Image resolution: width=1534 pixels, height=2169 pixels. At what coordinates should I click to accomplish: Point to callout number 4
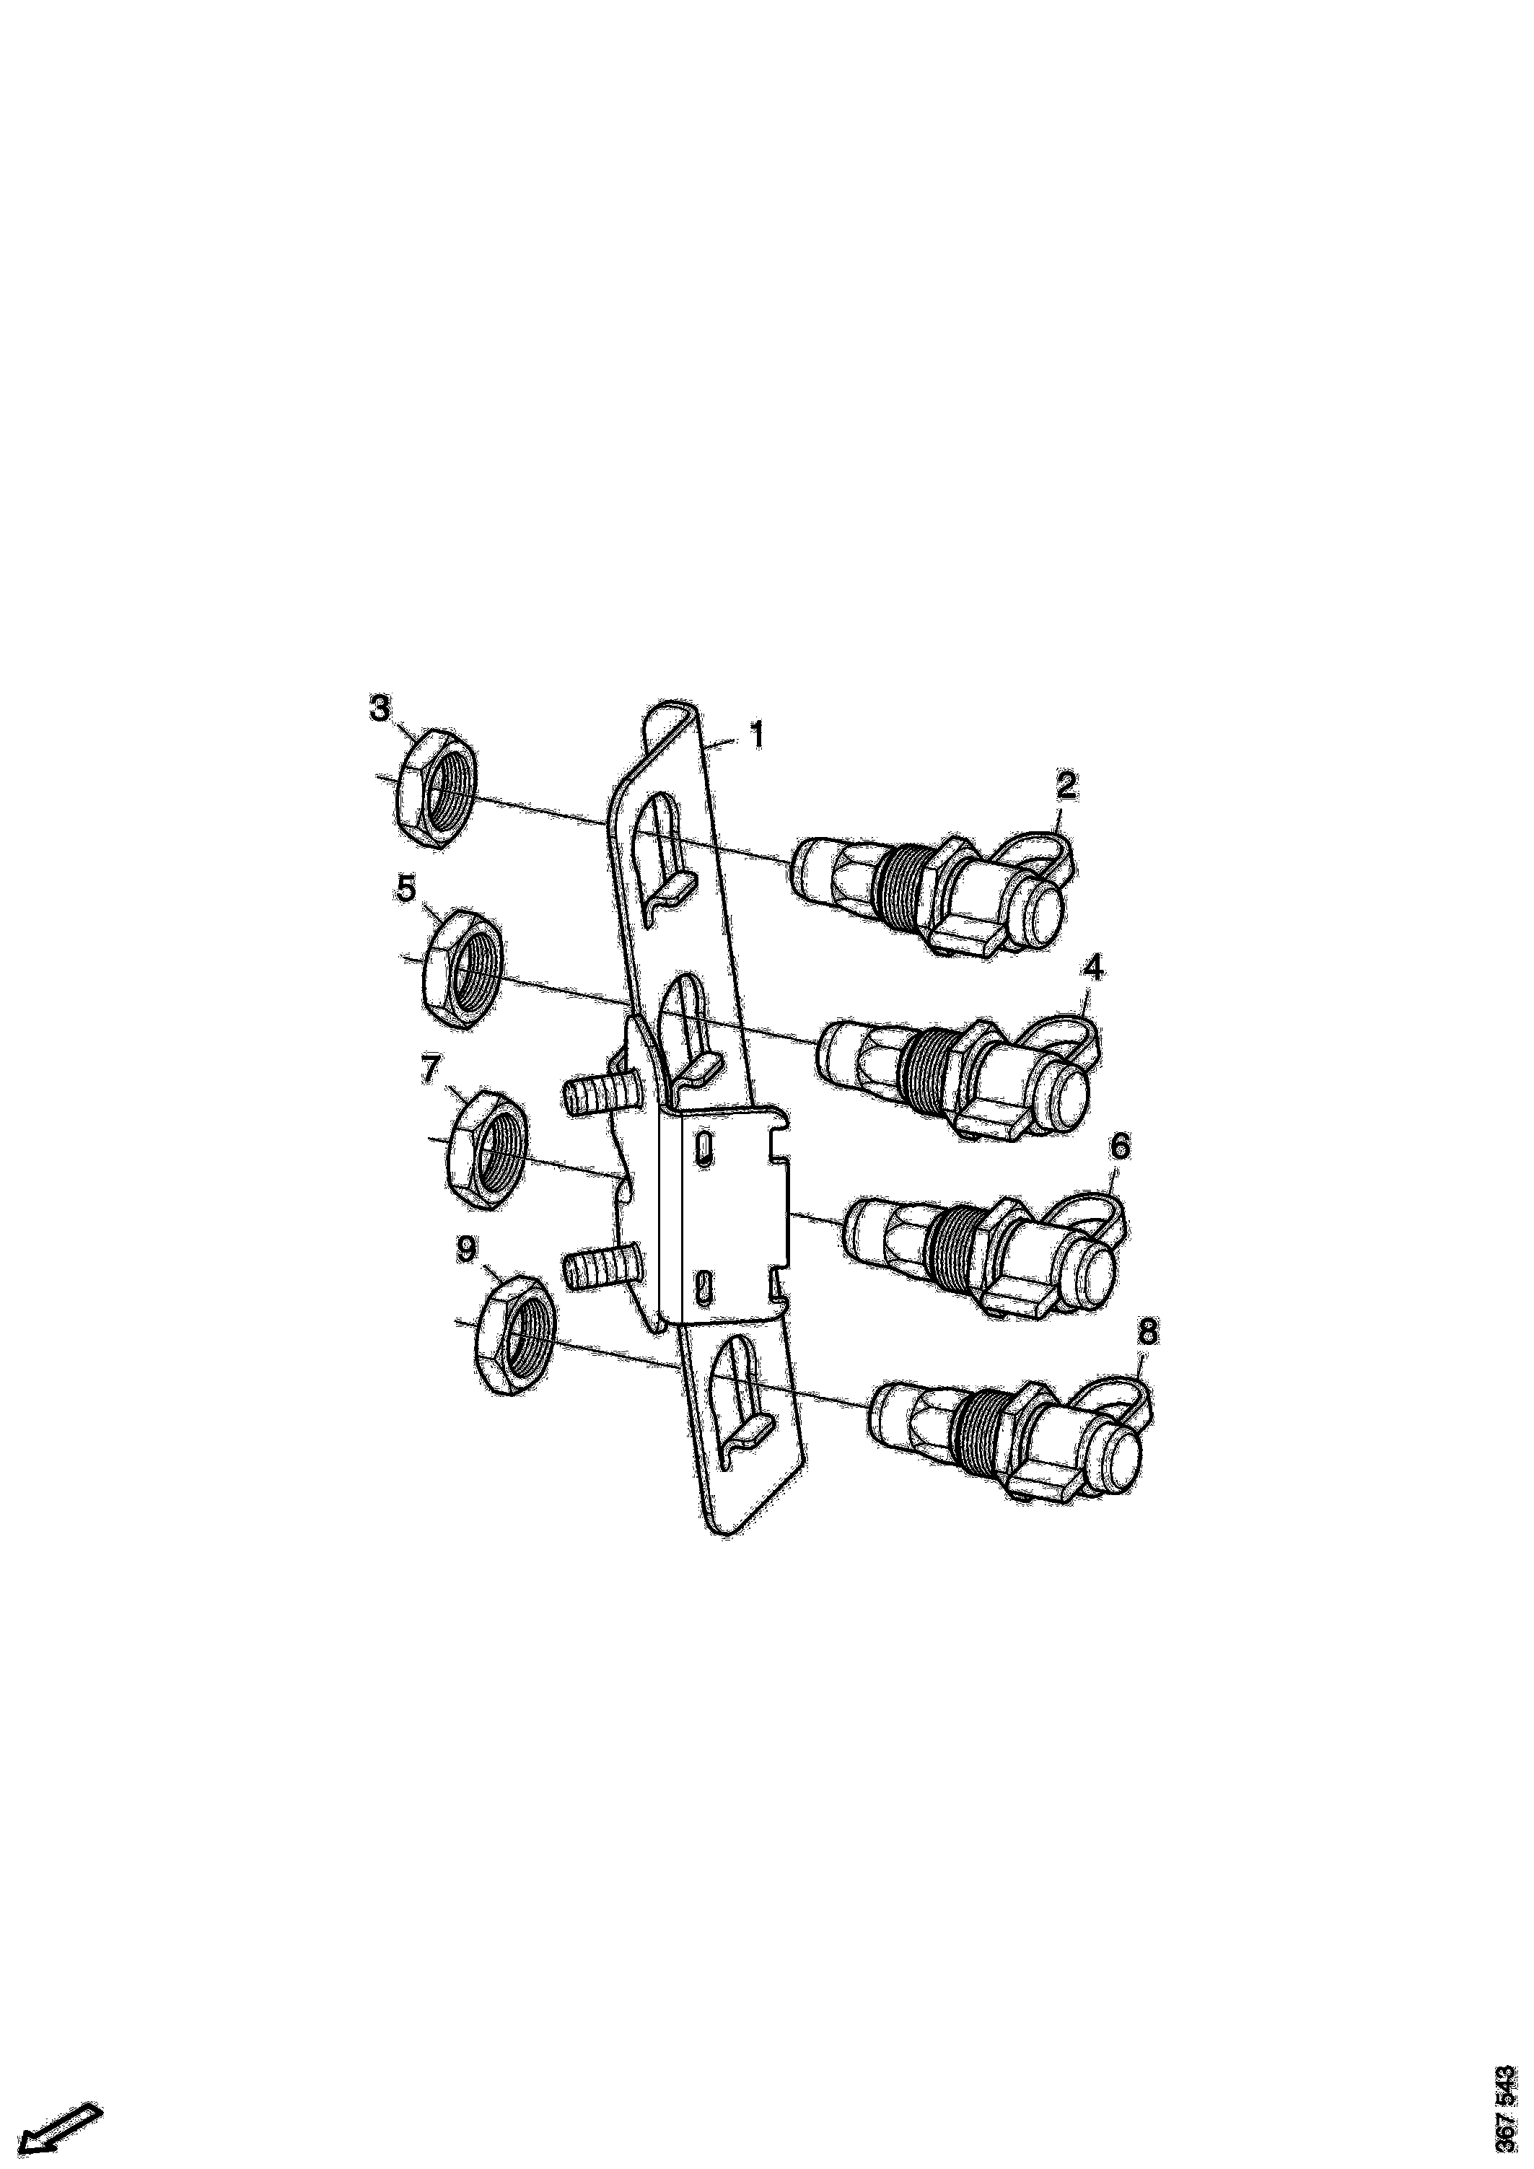click(x=1093, y=968)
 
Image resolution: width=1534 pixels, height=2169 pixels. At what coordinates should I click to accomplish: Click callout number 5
click(x=406, y=888)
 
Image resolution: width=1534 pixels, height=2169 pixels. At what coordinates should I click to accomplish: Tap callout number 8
click(x=1146, y=1333)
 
